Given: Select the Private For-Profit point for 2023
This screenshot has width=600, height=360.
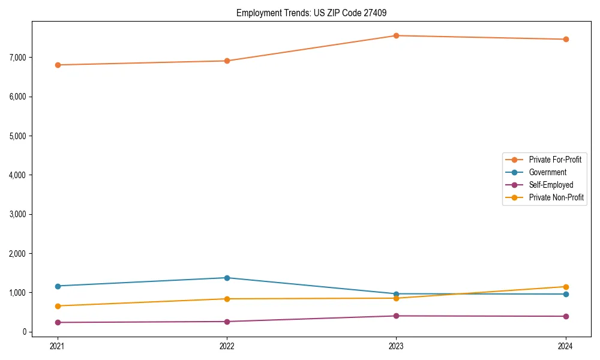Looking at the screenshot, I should [396, 35].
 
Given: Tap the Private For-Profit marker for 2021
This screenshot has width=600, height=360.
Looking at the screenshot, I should [58, 65].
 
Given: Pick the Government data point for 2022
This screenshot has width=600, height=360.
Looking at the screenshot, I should [227, 278].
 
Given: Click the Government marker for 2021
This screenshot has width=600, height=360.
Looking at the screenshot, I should [58, 286].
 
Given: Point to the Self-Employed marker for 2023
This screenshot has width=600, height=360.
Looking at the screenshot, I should [396, 316].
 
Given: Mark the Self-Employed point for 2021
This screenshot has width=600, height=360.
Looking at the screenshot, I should [58, 323].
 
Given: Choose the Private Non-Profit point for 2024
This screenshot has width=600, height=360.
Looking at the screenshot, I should [566, 287].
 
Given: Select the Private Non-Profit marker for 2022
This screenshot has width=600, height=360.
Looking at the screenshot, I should [227, 299].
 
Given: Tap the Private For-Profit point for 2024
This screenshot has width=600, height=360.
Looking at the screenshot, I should [566, 40].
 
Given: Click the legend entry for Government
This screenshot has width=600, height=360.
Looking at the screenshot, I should [547, 172].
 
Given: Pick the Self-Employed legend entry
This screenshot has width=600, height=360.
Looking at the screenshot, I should [551, 185].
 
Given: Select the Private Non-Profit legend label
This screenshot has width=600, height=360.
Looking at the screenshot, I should [556, 197].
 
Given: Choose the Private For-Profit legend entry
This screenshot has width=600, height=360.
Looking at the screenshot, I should [555, 160].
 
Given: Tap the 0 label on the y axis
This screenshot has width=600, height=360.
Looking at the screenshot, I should [24, 332].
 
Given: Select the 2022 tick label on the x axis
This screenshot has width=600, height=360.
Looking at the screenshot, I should [227, 346].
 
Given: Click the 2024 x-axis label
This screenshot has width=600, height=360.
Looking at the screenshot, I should [566, 346].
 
